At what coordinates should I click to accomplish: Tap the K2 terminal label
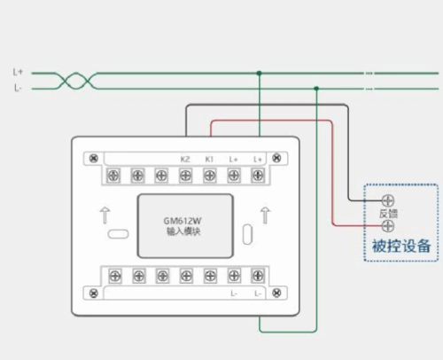click(185, 159)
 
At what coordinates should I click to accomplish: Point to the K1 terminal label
click(210, 159)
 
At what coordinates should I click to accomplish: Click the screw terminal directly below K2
click(185, 176)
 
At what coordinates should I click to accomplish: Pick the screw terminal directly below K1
click(210, 176)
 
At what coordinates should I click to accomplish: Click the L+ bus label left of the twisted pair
click(18, 72)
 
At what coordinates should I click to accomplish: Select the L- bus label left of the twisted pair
click(18, 88)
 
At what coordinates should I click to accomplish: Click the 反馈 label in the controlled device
click(388, 214)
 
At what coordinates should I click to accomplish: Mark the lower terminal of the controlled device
click(387, 226)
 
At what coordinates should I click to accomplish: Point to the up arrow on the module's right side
click(264, 214)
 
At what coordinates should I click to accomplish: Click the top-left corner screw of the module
click(92, 159)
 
